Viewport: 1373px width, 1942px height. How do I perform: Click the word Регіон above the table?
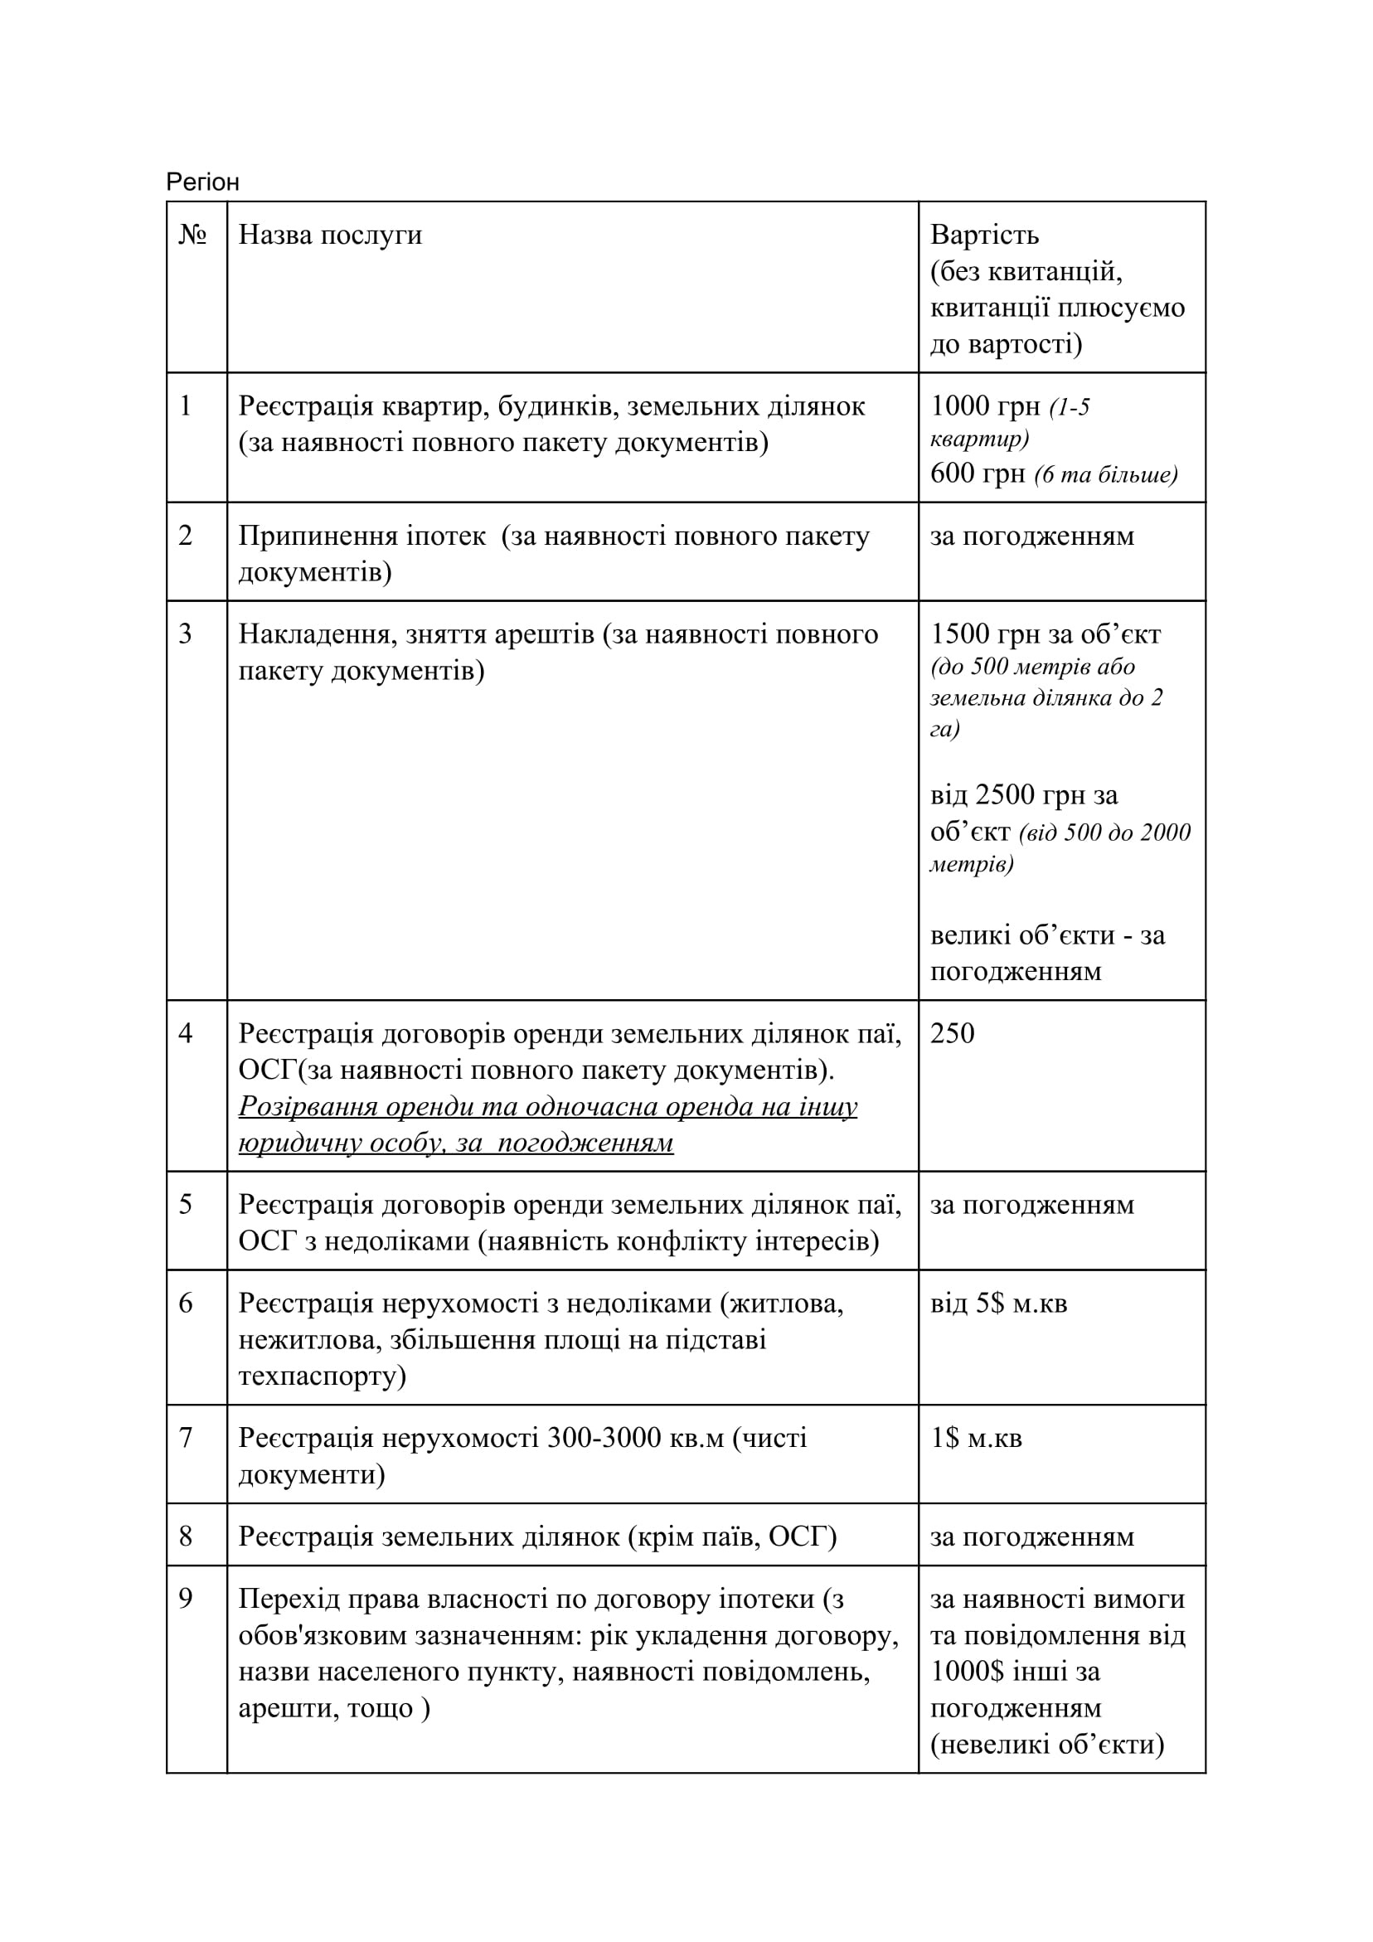pos(202,182)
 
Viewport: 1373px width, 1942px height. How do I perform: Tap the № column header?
pos(193,235)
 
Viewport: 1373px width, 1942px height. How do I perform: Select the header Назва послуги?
pos(330,235)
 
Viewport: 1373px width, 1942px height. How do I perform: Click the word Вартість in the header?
pos(984,235)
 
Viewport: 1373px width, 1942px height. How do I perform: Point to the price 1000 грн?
pos(985,406)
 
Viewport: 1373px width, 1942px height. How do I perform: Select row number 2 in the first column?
pos(186,536)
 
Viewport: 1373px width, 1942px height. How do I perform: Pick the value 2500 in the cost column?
pos(1006,795)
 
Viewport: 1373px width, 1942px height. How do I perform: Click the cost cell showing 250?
pos(952,1033)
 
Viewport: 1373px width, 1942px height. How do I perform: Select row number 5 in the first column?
pos(186,1205)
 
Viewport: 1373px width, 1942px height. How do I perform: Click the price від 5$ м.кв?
pos(998,1304)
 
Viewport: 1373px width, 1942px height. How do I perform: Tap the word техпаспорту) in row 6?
pos(322,1376)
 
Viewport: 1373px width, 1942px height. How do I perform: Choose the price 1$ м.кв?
pos(976,1438)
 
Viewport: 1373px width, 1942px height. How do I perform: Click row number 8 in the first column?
pos(186,1536)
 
